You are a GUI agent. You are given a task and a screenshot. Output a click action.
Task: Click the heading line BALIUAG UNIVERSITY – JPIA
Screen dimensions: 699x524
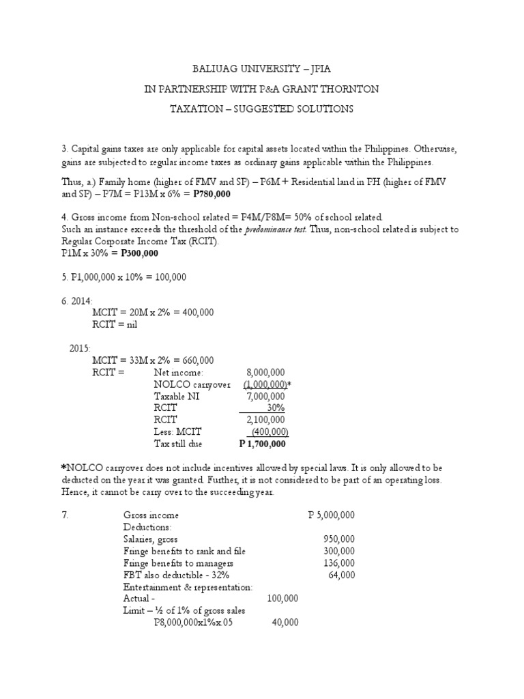(x=261, y=69)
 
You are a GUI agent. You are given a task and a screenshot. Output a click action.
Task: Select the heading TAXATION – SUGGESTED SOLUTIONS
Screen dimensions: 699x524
(x=261, y=109)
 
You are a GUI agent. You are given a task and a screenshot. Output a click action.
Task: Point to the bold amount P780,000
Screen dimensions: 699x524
(x=214, y=194)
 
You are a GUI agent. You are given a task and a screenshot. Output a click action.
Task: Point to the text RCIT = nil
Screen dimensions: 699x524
(x=115, y=325)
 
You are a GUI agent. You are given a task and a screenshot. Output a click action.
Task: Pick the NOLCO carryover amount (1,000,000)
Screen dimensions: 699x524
(x=265, y=384)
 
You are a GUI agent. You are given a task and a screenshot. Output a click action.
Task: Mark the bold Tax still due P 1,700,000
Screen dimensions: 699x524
(x=262, y=444)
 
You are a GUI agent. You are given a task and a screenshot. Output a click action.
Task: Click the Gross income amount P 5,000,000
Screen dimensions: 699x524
(x=332, y=515)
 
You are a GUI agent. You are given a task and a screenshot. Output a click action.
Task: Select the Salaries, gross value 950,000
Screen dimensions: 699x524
(x=339, y=539)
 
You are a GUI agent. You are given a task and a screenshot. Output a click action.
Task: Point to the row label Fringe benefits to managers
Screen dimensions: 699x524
(x=178, y=563)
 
